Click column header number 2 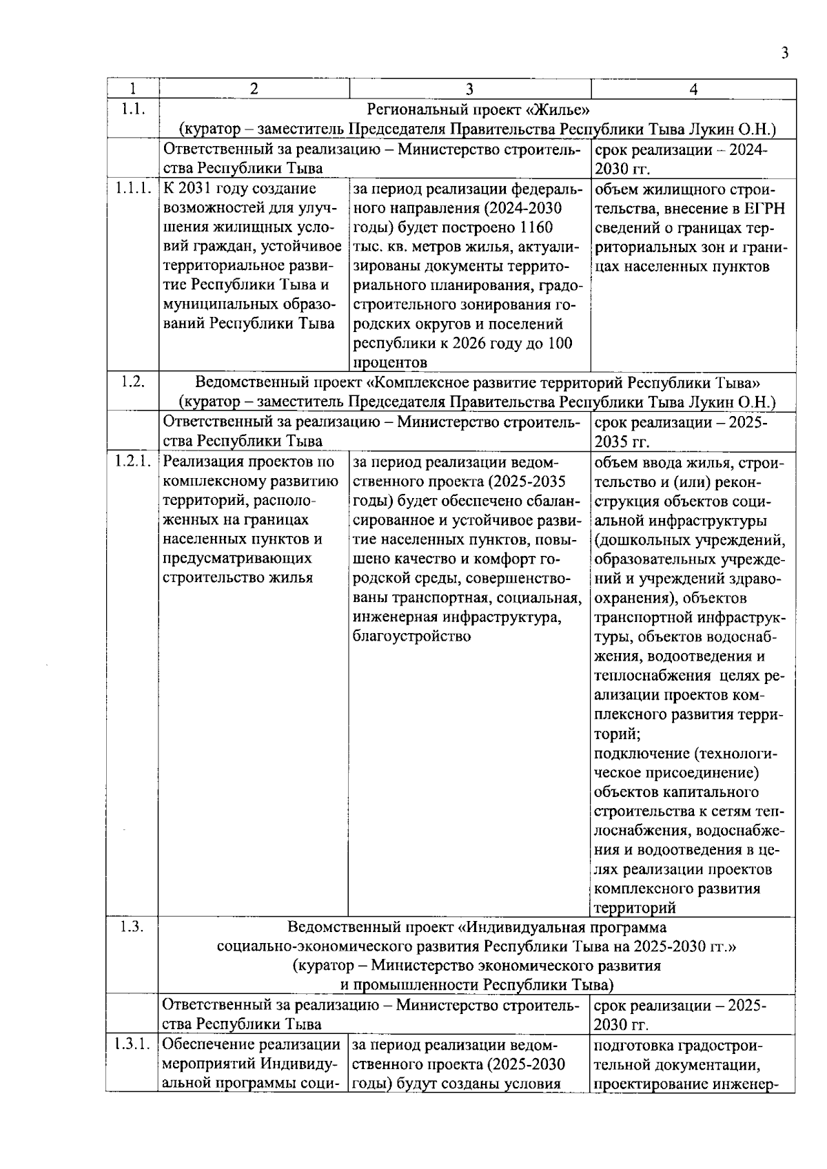pyautogui.click(x=254, y=89)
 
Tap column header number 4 pyautogui.click(x=693, y=89)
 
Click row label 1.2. pyautogui.click(x=132, y=382)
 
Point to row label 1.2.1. pyautogui.click(x=132, y=462)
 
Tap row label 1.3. pyautogui.click(x=132, y=927)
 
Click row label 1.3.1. pyautogui.click(x=132, y=1045)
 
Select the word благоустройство pyautogui.click(x=411, y=636)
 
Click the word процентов pyautogui.click(x=389, y=362)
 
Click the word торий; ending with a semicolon pyautogui.click(x=617, y=734)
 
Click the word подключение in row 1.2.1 pyautogui.click(x=642, y=753)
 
